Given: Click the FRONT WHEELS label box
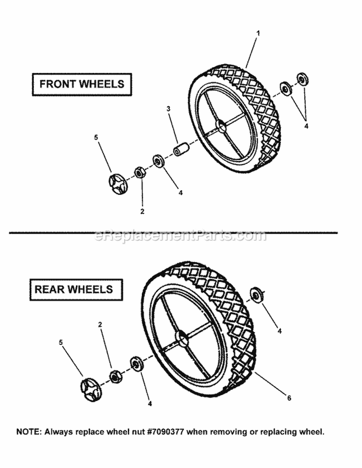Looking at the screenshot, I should coord(82,83).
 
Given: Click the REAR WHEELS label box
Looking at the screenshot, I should coord(73,289).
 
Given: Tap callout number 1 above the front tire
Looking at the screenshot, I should coord(258,33).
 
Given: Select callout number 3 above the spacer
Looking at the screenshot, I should coord(168,110).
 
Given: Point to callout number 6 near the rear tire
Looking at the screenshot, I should coord(289,398).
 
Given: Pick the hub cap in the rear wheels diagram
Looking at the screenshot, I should coord(91,387).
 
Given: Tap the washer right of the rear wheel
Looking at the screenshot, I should coord(254,295).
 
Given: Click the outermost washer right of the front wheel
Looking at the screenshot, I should coord(303,79).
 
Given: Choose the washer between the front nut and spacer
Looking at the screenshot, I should coord(157,161).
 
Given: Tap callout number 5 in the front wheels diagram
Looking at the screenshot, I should coord(96,138).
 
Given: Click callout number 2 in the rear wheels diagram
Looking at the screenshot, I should coord(100,325).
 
